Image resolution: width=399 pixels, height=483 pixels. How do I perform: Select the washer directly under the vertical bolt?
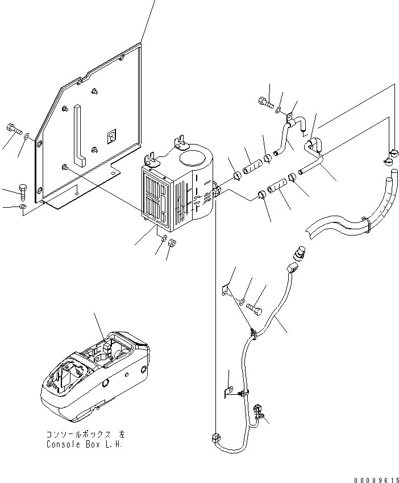pos(22,208)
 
